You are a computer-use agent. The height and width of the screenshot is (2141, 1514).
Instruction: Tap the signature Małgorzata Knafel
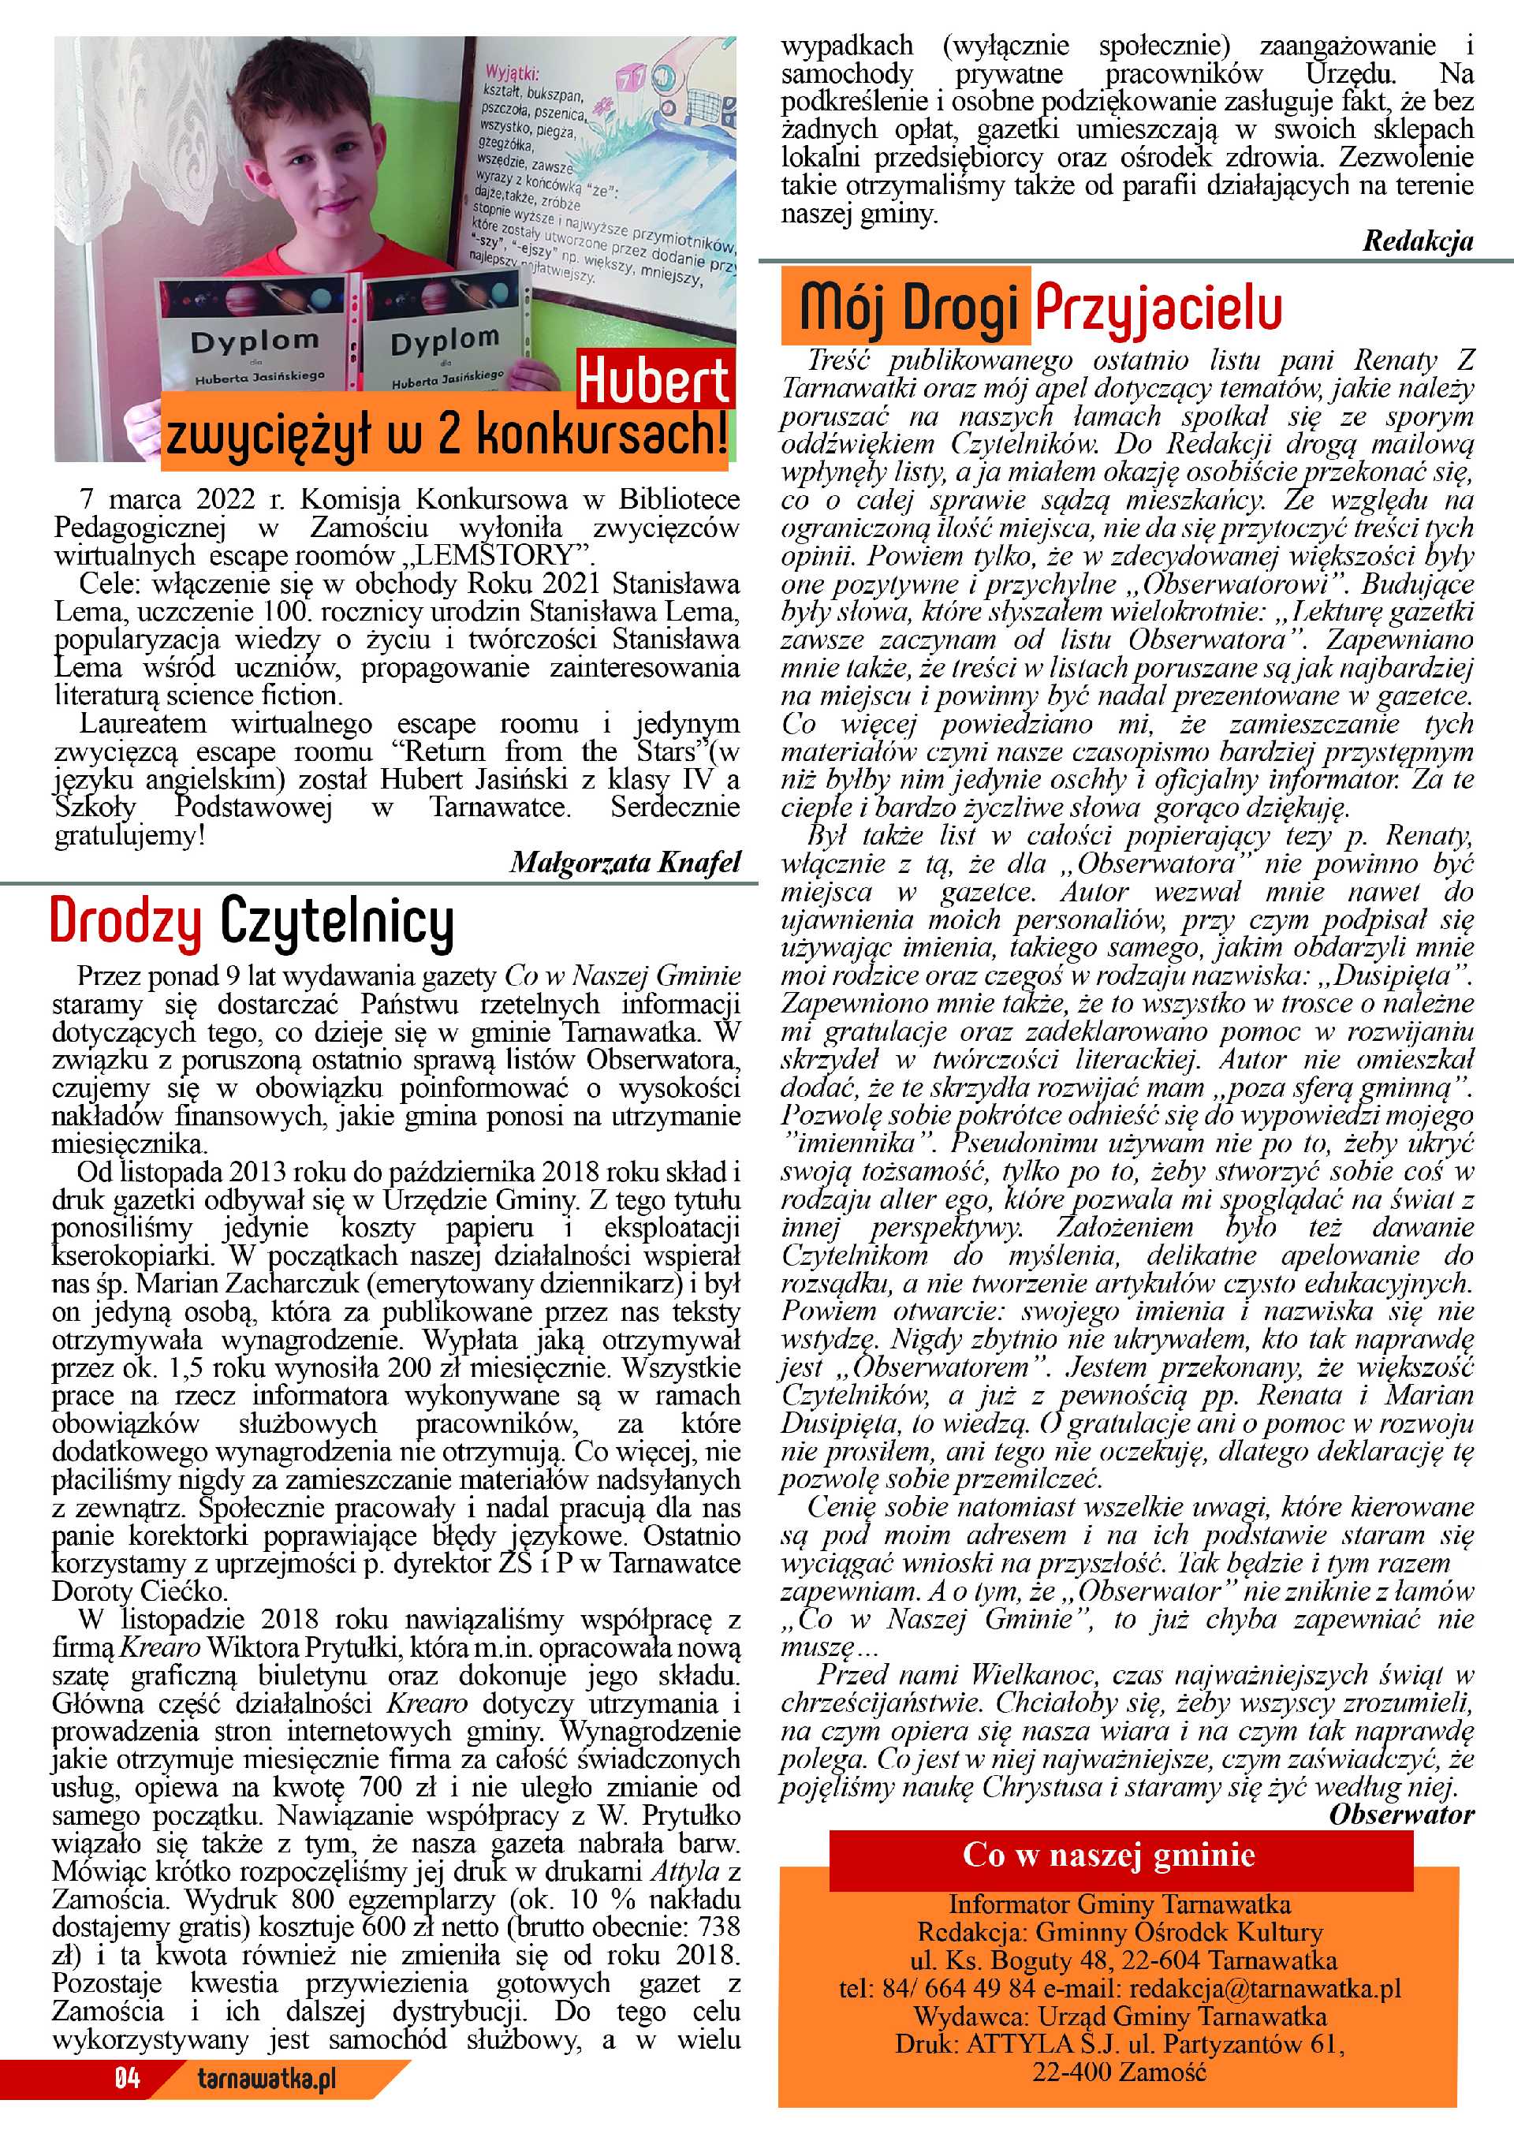click(625, 863)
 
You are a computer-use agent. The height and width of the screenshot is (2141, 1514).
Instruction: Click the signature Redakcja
click(1417, 241)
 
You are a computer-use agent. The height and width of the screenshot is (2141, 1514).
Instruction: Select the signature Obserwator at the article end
click(1401, 1814)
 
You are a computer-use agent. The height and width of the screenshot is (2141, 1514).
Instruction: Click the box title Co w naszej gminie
click(1109, 1855)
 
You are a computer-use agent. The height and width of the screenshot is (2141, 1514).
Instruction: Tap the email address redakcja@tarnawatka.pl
click(1258, 1987)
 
